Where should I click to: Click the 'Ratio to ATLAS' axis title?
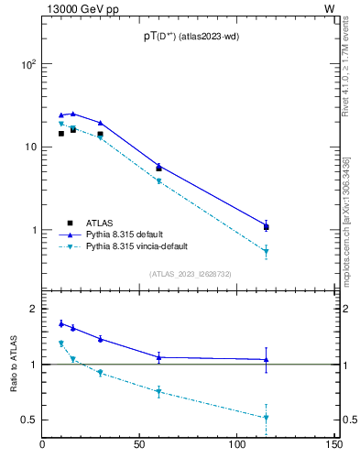(14, 364)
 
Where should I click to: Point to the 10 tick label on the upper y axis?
(30, 147)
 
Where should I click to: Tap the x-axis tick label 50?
(139, 445)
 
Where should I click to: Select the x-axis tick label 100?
(236, 445)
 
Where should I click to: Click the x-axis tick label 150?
(333, 445)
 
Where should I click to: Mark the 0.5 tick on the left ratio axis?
(29, 420)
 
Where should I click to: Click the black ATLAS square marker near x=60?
(158, 169)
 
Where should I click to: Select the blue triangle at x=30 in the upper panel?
(101, 123)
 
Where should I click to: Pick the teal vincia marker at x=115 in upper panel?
(266, 251)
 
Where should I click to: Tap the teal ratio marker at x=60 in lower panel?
(158, 392)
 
